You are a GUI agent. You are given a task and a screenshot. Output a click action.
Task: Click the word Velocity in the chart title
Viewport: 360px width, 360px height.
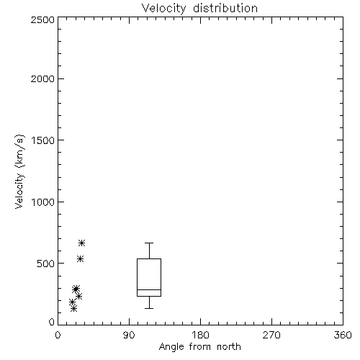coord(163,9)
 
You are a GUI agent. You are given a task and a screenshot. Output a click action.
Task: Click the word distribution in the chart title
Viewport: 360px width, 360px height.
coord(225,8)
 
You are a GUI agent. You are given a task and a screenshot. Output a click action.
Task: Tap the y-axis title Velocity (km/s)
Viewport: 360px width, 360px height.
coord(19,171)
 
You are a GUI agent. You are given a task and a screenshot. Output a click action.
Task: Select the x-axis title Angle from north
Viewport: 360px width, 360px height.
coord(199,347)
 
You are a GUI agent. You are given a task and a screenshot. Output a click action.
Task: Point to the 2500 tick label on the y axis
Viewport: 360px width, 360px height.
coord(42,19)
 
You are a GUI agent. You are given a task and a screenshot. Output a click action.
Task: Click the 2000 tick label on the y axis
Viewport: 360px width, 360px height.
coord(42,78)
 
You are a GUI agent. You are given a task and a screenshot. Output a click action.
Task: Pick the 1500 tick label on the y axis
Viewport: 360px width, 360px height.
coord(43,140)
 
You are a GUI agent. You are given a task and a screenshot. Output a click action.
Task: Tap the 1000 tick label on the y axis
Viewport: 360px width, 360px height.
coord(43,202)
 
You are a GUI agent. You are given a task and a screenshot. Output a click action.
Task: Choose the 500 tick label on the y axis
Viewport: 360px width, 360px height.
coord(46,264)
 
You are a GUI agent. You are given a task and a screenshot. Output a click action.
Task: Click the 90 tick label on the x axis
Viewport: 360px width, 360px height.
coord(129,335)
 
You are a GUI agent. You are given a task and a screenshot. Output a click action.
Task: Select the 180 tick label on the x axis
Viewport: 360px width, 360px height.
coord(199,335)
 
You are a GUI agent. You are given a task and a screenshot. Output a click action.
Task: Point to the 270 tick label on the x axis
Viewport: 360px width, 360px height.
coord(271,335)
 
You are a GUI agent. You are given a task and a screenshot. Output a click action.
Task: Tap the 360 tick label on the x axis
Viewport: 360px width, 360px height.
coord(343,335)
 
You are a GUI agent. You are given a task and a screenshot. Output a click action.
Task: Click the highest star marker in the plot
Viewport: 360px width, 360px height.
coord(82,243)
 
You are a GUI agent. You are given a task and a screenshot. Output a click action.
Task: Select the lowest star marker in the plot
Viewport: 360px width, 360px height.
coord(74,308)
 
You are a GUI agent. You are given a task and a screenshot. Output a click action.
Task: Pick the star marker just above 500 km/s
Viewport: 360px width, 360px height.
coord(80,258)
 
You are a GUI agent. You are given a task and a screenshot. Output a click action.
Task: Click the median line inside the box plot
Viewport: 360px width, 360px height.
coord(149,289)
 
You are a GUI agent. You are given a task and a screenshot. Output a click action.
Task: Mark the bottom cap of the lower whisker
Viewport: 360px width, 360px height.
coord(149,308)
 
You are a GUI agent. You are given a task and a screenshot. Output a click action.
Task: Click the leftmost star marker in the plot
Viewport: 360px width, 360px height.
coord(72,302)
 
